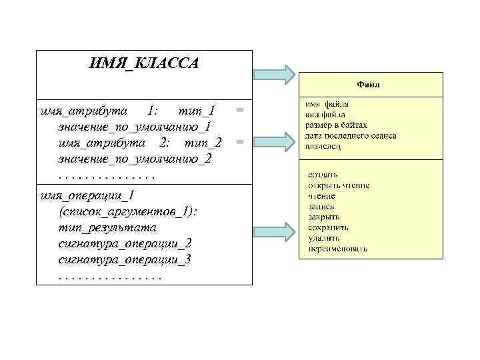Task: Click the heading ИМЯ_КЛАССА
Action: click(143, 64)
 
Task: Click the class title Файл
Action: click(369, 85)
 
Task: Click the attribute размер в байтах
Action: click(337, 125)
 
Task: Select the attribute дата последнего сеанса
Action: click(351, 135)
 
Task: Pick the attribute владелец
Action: click(323, 146)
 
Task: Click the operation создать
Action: click(323, 174)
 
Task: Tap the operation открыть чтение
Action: click(339, 185)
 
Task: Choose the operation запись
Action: click(321, 206)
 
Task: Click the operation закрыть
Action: click(324, 217)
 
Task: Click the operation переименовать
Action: click(337, 249)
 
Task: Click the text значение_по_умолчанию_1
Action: click(135, 126)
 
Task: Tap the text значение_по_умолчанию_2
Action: click(135, 159)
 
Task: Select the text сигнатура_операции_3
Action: click(125, 259)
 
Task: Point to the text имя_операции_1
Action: click(87, 195)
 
